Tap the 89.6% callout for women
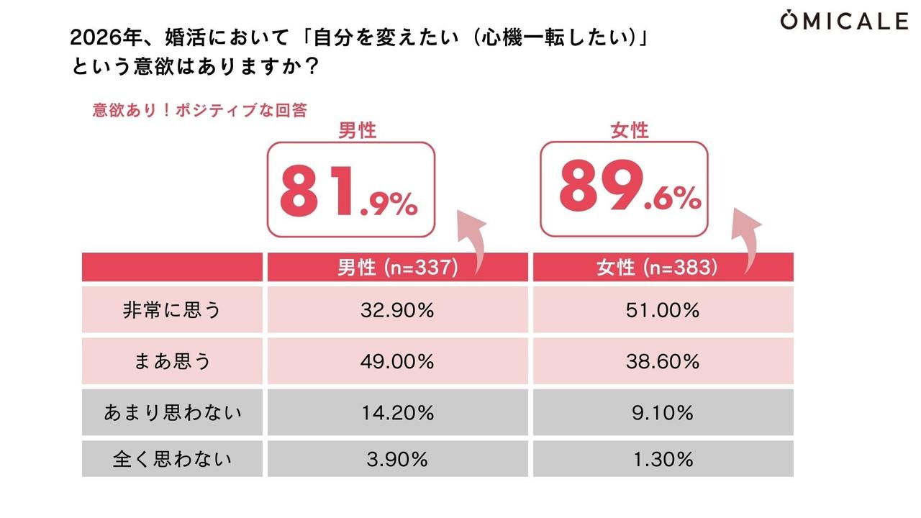[x=624, y=189]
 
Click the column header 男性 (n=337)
[x=397, y=268]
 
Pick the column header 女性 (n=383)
[x=663, y=268]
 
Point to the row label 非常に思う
[x=172, y=310]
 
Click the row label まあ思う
[x=172, y=361]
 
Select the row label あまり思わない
[x=172, y=412]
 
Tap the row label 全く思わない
[x=172, y=459]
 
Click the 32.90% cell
[x=397, y=310]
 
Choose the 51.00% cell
[x=663, y=310]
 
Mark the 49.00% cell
[x=397, y=361]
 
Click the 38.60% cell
[x=663, y=361]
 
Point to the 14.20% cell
[x=397, y=412]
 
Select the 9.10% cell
[x=663, y=412]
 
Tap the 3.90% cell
[x=397, y=459]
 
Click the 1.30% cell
[x=663, y=459]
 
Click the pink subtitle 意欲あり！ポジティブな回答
[x=199, y=111]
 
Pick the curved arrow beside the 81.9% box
[x=471, y=241]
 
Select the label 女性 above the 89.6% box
[x=630, y=130]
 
